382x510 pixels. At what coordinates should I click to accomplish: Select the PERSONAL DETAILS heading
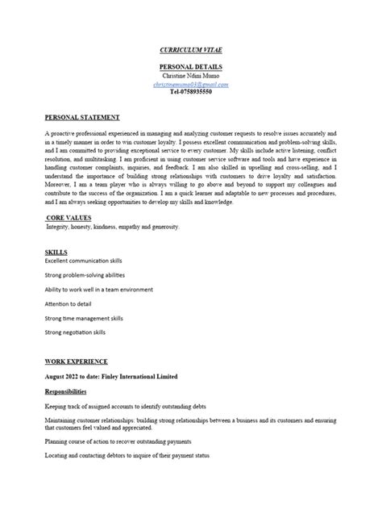click(x=190, y=66)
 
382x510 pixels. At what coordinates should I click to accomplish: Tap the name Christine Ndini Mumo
click(x=190, y=75)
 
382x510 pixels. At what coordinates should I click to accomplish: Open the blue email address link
click(x=190, y=84)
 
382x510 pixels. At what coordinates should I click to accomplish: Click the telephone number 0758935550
click(x=190, y=92)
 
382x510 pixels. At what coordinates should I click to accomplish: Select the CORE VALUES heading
click(x=71, y=218)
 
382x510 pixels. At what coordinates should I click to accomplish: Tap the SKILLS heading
click(x=56, y=252)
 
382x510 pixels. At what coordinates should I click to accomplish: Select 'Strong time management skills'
click(x=88, y=318)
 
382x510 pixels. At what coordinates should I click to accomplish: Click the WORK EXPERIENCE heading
click(x=77, y=362)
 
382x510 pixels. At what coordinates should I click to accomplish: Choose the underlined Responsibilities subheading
click(x=71, y=391)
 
